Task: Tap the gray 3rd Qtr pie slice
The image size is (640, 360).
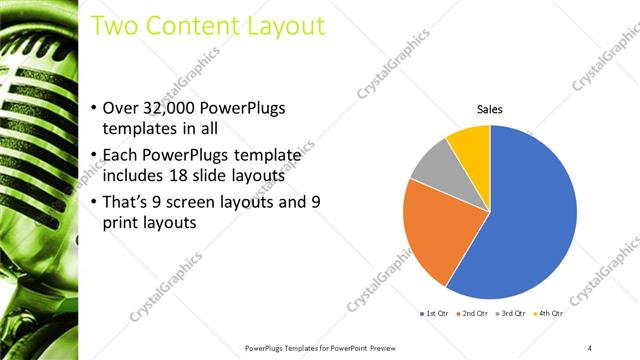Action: (432, 165)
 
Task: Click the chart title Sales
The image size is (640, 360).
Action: (489, 109)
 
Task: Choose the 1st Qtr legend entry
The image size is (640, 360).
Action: (434, 314)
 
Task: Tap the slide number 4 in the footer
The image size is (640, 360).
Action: (590, 347)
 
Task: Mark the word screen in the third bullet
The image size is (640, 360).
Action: (198, 201)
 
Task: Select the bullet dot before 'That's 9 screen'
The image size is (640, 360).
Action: (94, 202)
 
